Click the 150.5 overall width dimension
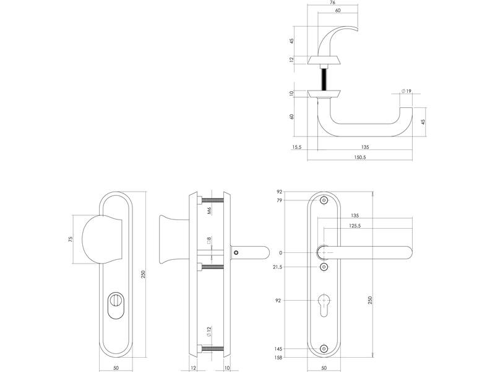359,157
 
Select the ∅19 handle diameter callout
407,91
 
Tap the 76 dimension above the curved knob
332,2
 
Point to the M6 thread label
209,210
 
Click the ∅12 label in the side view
209,331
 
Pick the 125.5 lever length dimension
355,226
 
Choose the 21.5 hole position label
277,267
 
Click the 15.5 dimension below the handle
297,147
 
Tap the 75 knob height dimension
71,239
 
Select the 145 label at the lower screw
278,349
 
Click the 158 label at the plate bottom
278,358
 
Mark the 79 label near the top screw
279,200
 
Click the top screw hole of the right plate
324,200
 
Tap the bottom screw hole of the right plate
324,349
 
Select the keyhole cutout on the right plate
324,304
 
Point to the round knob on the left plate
101,239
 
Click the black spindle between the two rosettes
324,79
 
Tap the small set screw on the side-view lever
236,253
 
